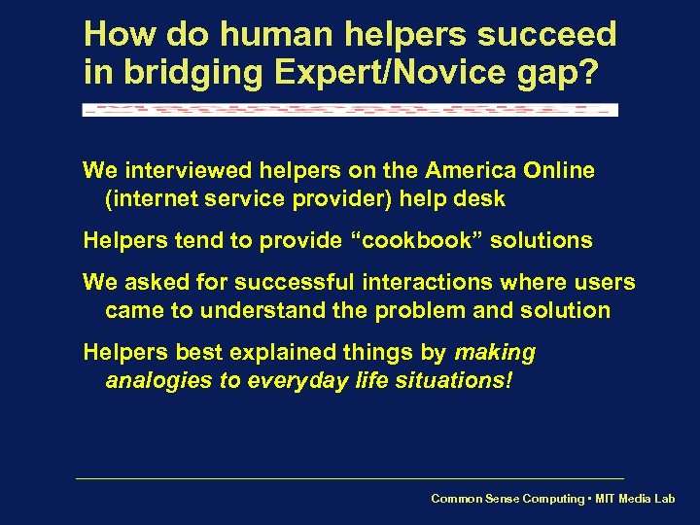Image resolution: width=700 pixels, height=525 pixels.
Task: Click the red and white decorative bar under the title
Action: (350, 109)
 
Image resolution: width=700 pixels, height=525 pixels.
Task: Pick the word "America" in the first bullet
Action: (466, 171)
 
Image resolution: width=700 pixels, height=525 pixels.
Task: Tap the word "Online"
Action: (559, 171)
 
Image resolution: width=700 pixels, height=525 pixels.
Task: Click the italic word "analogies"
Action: (158, 380)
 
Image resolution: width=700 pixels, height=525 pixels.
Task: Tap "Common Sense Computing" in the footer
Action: (507, 499)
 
